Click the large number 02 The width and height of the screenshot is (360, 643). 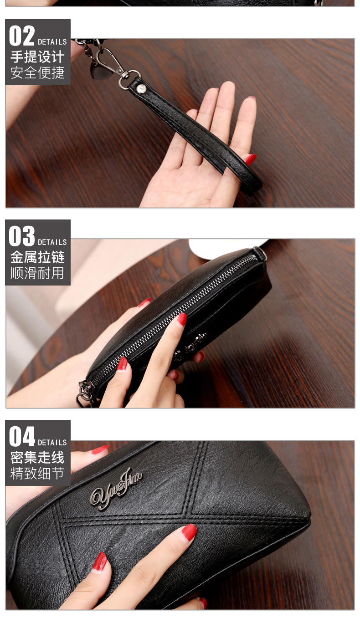(22, 36)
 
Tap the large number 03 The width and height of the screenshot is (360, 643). (22, 236)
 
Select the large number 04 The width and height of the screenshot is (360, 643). (22, 436)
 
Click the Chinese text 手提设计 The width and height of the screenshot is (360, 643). (37, 56)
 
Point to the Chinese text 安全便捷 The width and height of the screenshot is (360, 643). (37, 72)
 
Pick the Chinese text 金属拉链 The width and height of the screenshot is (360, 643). (37, 257)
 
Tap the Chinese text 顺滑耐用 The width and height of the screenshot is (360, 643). (37, 273)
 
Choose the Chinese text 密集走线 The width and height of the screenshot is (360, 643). (37, 457)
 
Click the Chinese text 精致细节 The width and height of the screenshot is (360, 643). (37, 473)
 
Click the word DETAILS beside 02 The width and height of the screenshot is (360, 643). (52, 42)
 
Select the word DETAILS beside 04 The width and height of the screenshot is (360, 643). (52, 443)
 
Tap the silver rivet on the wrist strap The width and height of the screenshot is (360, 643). (141, 89)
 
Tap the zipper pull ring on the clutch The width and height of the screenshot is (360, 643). (84, 398)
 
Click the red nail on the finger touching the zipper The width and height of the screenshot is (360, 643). (182, 319)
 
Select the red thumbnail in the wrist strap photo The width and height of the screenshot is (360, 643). (250, 159)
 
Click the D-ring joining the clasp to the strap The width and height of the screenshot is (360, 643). (129, 79)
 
